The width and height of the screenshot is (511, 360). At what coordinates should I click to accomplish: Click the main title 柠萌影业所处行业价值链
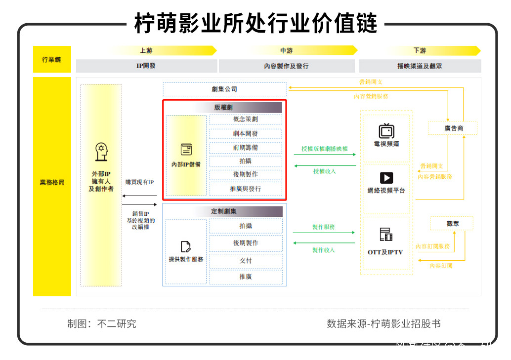tap(256, 23)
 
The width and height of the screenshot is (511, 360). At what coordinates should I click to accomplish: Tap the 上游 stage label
tap(146, 50)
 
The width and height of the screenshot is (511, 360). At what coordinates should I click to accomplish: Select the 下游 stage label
tap(420, 50)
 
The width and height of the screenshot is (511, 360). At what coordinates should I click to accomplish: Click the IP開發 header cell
tap(146, 66)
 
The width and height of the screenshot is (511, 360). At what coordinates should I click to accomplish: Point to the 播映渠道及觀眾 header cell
tap(420, 66)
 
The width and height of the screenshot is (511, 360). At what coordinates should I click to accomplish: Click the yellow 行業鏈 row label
tap(52, 59)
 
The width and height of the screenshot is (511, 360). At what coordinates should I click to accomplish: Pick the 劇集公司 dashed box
tap(224, 89)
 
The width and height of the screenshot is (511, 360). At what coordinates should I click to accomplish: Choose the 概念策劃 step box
tap(245, 120)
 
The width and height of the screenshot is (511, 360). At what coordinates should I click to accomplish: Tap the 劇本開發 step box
tap(245, 133)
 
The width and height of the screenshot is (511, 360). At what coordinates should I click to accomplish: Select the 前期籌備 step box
tap(245, 147)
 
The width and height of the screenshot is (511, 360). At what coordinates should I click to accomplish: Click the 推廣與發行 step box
tap(245, 189)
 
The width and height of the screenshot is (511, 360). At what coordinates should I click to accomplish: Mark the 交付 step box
tap(246, 261)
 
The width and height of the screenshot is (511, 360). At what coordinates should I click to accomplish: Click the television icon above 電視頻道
tap(386, 131)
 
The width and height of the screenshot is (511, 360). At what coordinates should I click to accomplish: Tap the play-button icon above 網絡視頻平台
tap(386, 178)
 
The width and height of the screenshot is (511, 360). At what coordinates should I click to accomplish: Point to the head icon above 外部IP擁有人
tap(101, 152)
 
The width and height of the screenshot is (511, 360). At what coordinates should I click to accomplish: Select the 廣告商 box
tap(453, 128)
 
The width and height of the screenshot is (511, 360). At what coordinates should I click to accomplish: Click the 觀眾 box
tap(452, 223)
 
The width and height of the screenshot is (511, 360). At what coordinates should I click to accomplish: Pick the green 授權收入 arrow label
tap(324, 171)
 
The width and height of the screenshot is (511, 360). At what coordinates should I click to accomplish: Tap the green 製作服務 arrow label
tap(324, 227)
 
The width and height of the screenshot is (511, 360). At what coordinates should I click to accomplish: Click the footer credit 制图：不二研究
tap(102, 324)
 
